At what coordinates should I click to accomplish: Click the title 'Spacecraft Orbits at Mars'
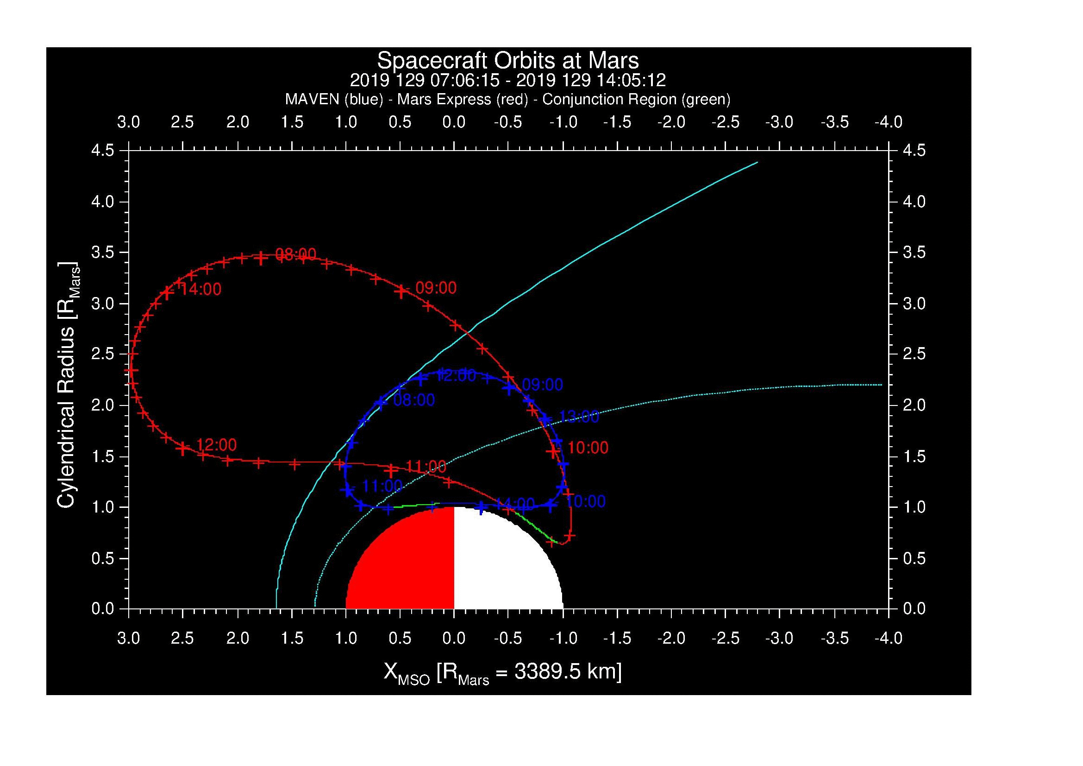507,61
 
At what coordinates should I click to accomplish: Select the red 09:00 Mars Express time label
436,288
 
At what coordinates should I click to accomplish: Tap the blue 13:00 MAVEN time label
579,417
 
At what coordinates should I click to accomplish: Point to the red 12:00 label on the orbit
216,444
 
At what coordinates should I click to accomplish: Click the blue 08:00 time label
413,400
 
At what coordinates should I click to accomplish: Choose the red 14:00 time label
200,289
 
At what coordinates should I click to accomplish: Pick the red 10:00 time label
588,448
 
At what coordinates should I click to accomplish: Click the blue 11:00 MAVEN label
382,486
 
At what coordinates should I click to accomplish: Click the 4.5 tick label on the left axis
103,151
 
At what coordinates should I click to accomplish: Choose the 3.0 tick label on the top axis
128,122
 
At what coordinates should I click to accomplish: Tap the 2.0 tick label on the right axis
914,405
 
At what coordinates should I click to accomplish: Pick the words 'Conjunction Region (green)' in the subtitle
636,100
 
